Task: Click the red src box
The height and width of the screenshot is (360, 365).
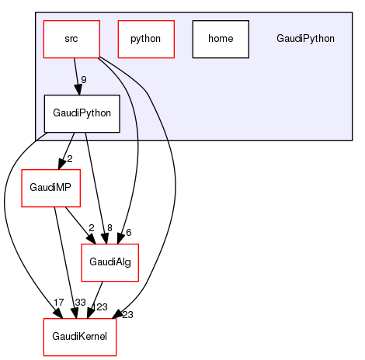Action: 71,39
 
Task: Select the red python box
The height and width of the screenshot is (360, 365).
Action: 145,39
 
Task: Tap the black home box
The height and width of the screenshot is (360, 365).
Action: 221,39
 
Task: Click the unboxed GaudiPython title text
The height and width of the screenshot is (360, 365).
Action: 305,39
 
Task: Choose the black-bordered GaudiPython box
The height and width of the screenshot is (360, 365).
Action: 82,113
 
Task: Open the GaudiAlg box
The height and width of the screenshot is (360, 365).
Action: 110,262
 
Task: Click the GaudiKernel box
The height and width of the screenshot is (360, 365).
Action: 79,337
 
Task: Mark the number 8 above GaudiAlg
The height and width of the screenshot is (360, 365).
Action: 110,227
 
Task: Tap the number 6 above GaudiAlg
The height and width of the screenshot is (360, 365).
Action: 129,233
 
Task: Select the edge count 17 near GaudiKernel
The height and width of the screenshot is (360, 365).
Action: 37,302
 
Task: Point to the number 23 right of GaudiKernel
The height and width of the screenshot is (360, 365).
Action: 127,314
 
